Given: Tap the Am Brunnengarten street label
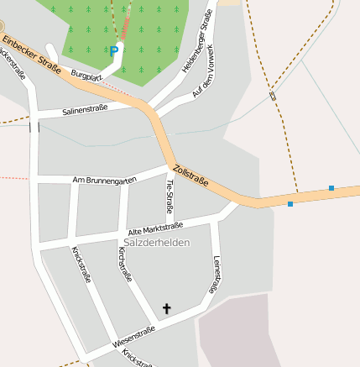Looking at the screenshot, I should point(105,180).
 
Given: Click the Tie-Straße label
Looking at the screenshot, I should point(170,196).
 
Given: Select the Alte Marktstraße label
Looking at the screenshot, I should point(155,228).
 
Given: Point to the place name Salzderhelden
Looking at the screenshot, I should point(157,243).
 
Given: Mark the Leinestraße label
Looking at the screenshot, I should point(217,274).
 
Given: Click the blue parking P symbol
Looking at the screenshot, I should point(114,51).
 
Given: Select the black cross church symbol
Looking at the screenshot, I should point(166,309).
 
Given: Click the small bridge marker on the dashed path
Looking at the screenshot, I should point(273,96).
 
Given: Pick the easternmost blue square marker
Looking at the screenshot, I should point(331,188).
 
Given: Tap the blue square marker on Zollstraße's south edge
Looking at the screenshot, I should point(290,204).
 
